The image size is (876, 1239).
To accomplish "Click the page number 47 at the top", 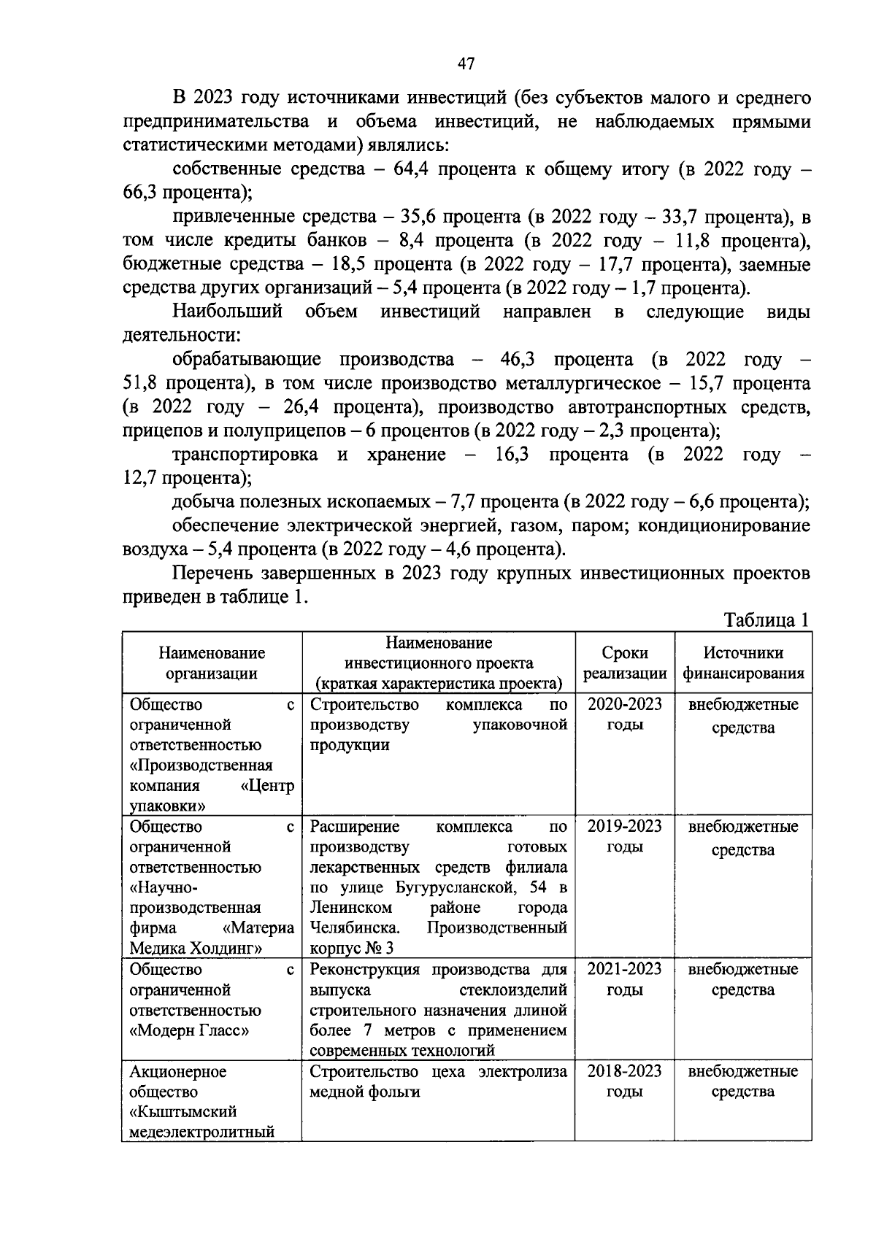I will tap(466, 64).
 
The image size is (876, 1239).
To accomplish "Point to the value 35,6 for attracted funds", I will tap(418, 217).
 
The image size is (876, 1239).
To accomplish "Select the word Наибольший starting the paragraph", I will tap(227, 312).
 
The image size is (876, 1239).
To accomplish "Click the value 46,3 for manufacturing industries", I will tap(518, 360).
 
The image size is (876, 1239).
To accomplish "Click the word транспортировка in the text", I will tap(245, 455).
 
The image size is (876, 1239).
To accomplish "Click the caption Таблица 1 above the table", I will tap(766, 621).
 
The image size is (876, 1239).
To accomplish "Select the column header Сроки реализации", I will tap(625, 663).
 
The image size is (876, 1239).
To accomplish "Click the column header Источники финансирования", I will tap(743, 663).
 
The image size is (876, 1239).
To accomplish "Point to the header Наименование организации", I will tap(212, 663).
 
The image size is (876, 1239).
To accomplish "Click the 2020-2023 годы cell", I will tap(625, 715).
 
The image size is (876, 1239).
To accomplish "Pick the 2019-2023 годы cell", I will tap(625, 837).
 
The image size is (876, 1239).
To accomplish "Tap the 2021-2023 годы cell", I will tap(625, 979).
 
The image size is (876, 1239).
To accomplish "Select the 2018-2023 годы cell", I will tap(625, 1081).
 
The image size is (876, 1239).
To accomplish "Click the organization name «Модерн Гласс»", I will tap(190, 1031).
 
